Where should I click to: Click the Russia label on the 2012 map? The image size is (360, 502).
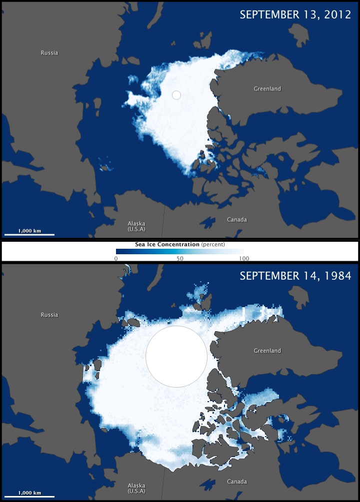tap(49, 52)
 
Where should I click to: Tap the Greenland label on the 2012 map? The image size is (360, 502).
tap(267, 89)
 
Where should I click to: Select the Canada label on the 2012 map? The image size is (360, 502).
tap(237, 220)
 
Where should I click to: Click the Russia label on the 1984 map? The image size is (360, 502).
tap(49, 315)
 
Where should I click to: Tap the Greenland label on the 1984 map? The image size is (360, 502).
tap(267, 351)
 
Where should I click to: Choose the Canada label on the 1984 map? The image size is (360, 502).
tap(237, 482)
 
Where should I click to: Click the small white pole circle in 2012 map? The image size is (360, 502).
tap(176, 94)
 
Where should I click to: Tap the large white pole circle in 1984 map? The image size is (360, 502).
tap(176, 356)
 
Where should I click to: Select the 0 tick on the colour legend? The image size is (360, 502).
tap(116, 258)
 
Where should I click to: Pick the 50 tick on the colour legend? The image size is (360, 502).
tap(179, 258)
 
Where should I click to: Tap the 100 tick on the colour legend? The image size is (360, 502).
tap(243, 258)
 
